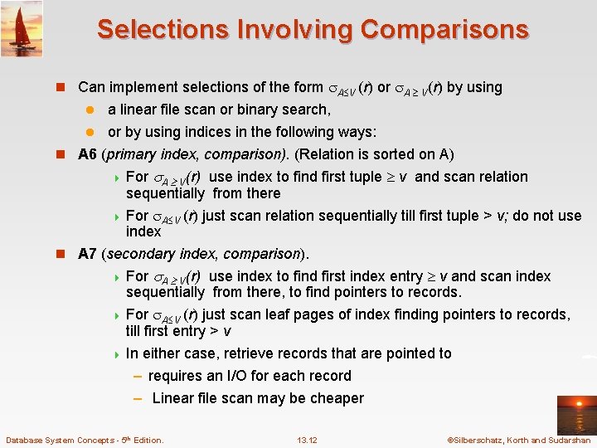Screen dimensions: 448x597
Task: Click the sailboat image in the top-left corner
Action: coord(22,28)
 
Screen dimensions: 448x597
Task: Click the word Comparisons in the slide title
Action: coord(441,29)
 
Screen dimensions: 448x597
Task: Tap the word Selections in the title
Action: coord(163,29)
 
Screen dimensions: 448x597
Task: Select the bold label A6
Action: coord(88,154)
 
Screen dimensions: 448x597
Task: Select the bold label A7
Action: coord(88,254)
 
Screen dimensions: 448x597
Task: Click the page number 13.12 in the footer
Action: coord(307,440)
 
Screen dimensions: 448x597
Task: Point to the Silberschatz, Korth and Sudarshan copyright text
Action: coord(518,440)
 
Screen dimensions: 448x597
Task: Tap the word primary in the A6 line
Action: coord(138,154)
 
